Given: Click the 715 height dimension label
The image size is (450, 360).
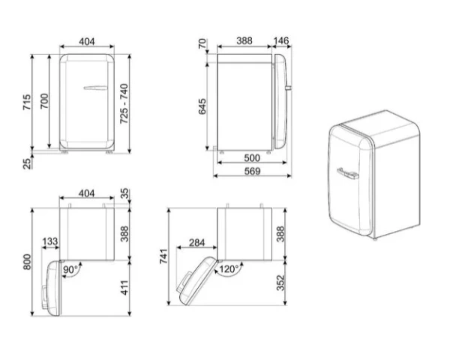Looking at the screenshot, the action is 27,102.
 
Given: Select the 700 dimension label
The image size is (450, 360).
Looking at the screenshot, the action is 44,101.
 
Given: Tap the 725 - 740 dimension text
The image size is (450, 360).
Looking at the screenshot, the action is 124,103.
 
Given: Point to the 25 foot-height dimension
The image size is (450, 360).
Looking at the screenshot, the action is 27,163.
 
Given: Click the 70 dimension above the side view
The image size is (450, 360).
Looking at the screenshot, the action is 202,43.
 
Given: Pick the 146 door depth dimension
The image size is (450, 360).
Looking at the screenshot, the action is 280,40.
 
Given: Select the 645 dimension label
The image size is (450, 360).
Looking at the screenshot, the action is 202,106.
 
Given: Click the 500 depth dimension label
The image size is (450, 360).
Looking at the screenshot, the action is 252,157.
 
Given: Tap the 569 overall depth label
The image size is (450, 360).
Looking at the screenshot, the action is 252,171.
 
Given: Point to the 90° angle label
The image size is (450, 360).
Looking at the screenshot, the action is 70,269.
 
